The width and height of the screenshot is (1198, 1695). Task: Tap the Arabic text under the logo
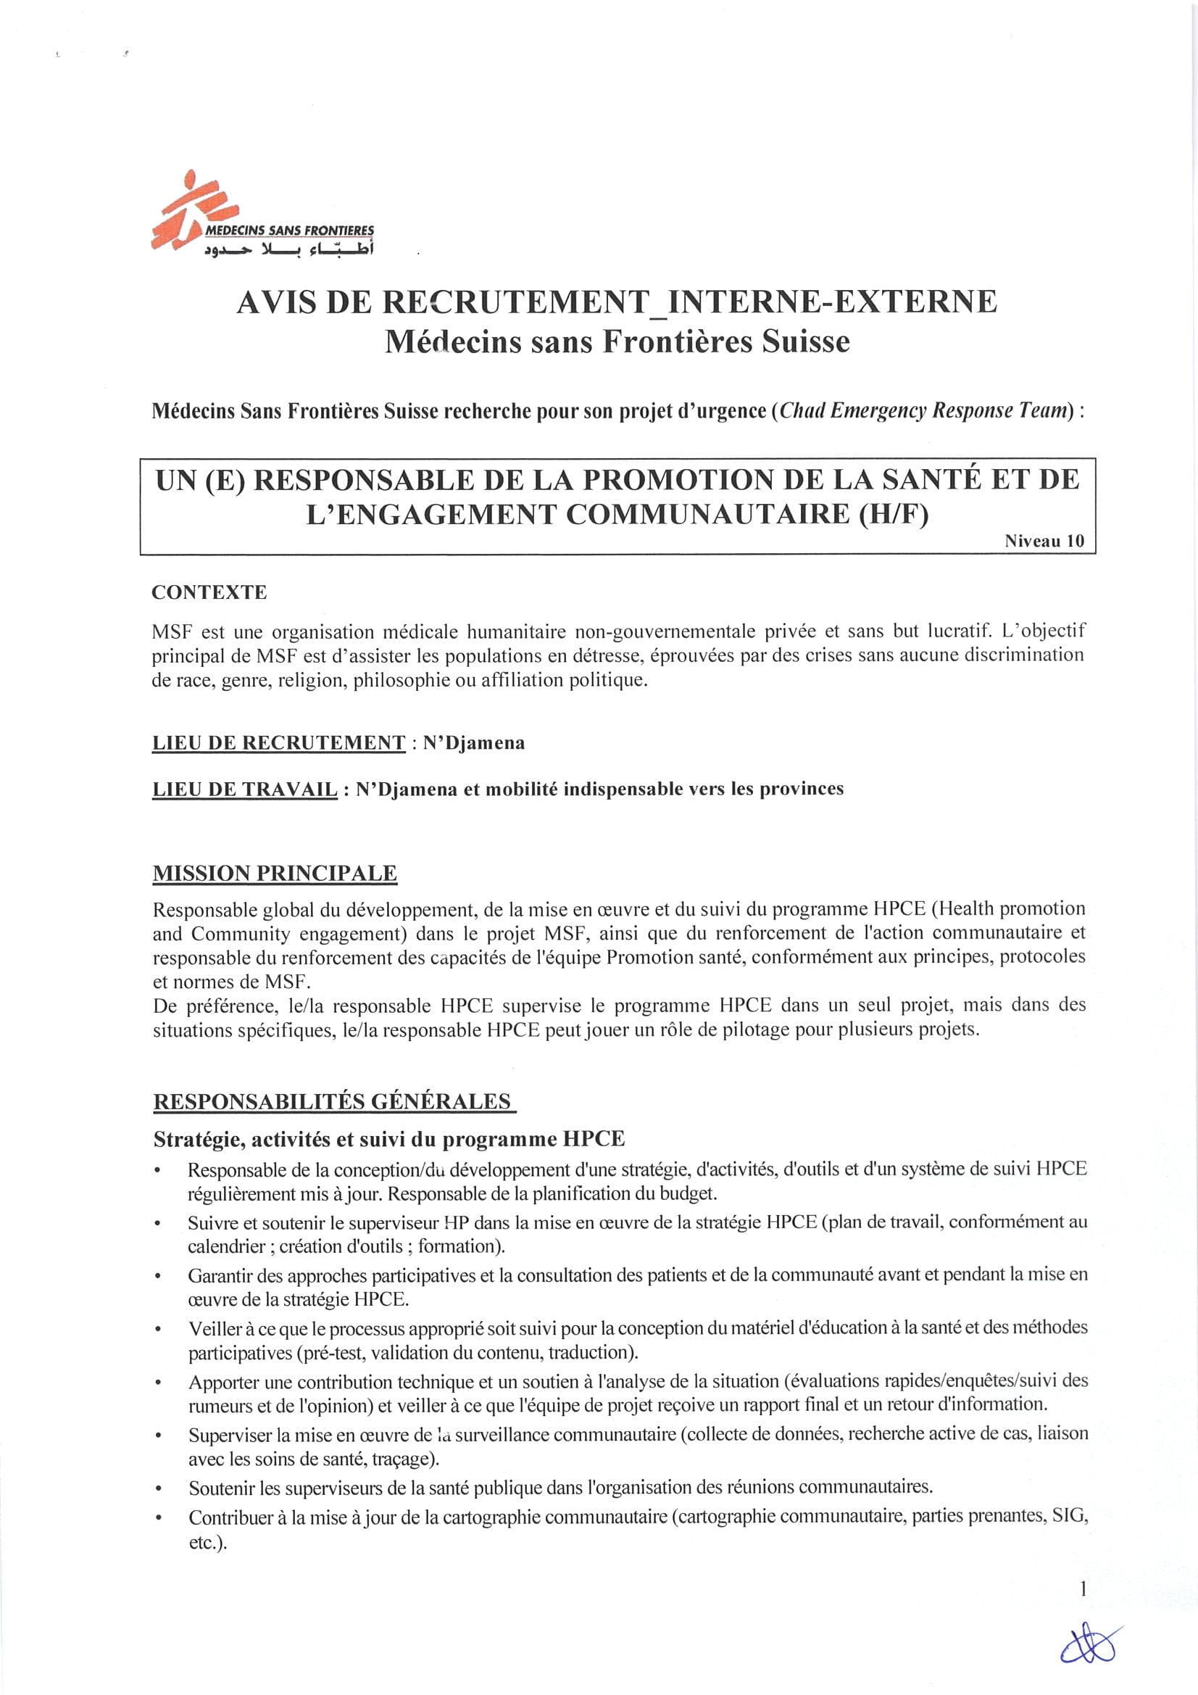coord(288,251)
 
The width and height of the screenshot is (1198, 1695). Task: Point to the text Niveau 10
coord(1044,540)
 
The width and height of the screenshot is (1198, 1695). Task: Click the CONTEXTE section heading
coord(209,592)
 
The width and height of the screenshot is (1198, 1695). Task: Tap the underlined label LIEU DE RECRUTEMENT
coord(278,742)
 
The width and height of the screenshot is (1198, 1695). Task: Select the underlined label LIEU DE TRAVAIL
coord(244,790)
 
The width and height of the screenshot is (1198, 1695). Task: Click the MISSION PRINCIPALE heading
coord(275,874)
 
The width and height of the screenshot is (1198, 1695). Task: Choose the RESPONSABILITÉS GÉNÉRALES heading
coord(332,1101)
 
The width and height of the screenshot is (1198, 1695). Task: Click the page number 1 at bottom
coord(1083,1588)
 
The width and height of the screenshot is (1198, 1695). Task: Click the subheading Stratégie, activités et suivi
coord(388,1139)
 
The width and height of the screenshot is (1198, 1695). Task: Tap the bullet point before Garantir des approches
coord(157,1276)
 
